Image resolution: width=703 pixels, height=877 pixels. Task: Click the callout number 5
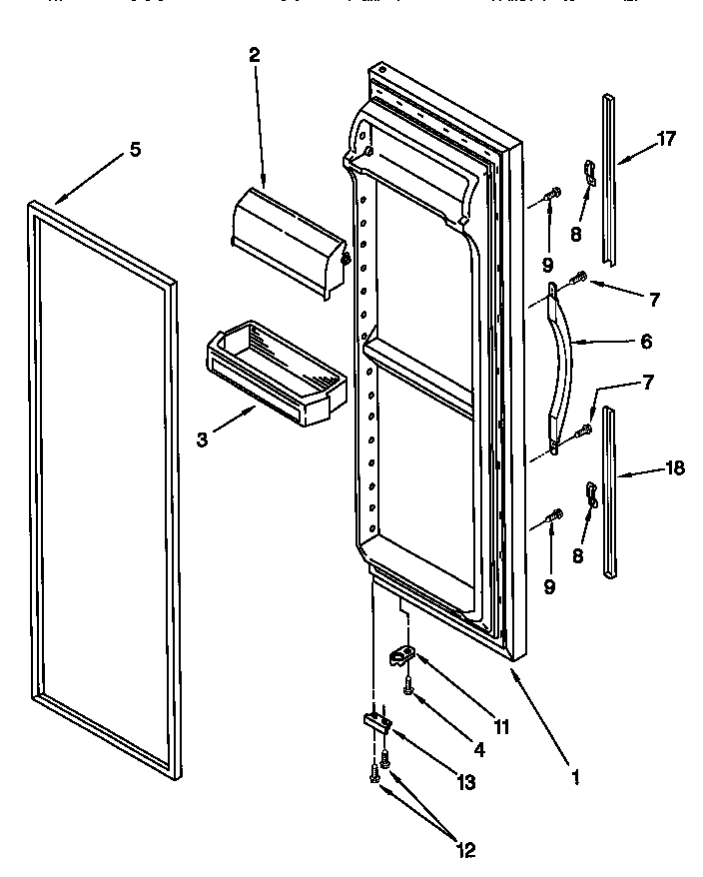[135, 150]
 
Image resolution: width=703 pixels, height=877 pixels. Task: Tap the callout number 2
[254, 56]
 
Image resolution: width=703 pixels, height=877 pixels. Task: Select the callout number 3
[203, 438]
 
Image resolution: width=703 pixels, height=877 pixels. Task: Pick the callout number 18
[674, 467]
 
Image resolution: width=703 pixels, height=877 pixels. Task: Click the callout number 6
[646, 342]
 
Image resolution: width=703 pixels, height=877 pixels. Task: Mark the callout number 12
[466, 851]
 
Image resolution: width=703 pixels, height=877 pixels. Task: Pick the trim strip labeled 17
[609, 180]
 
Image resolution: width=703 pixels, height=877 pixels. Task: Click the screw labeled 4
[408, 686]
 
